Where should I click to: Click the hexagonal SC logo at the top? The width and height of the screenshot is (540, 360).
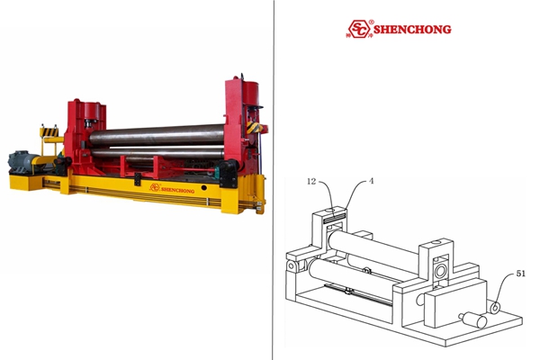tap(358, 29)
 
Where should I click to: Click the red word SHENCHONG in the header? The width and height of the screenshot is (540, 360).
tap(412, 30)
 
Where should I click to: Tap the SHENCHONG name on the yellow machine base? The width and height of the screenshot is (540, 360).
tap(177, 190)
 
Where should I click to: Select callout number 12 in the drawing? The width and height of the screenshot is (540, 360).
tap(311, 181)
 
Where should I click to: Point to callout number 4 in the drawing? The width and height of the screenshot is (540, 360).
tap(371, 181)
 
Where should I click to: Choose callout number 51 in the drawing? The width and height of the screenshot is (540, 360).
tap(521, 274)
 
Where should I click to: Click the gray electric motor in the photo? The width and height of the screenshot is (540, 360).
tap(23, 161)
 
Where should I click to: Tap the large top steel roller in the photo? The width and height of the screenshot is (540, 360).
tap(157, 134)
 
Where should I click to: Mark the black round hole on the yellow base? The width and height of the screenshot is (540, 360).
tap(204, 188)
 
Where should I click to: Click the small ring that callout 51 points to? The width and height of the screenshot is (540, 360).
tap(495, 307)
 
